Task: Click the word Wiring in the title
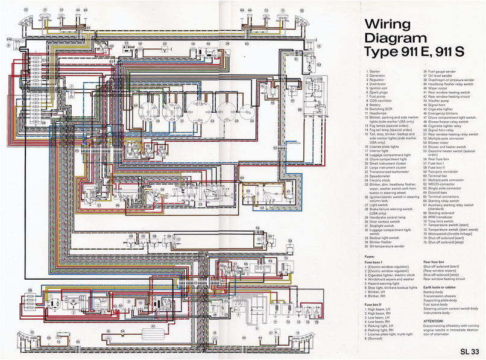[387, 24]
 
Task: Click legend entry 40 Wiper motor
[440, 87]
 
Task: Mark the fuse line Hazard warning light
[388, 283]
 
